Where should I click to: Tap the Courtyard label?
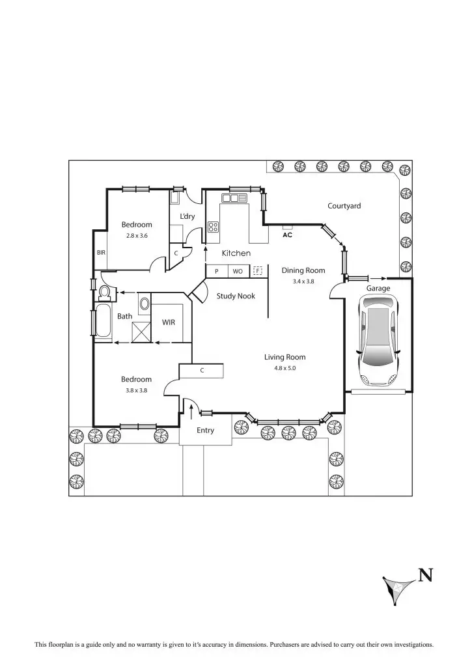(344, 206)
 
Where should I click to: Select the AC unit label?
(287, 235)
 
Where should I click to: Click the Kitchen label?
(236, 253)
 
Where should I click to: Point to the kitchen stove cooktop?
(213, 227)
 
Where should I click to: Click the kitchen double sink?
(234, 198)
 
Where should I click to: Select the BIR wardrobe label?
(101, 252)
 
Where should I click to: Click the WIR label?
(168, 322)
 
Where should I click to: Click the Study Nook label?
(236, 296)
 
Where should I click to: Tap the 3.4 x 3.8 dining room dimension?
(303, 281)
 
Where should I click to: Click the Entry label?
(205, 430)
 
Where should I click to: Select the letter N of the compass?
(426, 575)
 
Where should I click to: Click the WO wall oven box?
(238, 271)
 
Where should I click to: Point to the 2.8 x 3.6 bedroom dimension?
(137, 236)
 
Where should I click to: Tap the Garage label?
(378, 288)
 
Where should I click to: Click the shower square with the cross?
(141, 332)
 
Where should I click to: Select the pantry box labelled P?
(216, 271)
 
